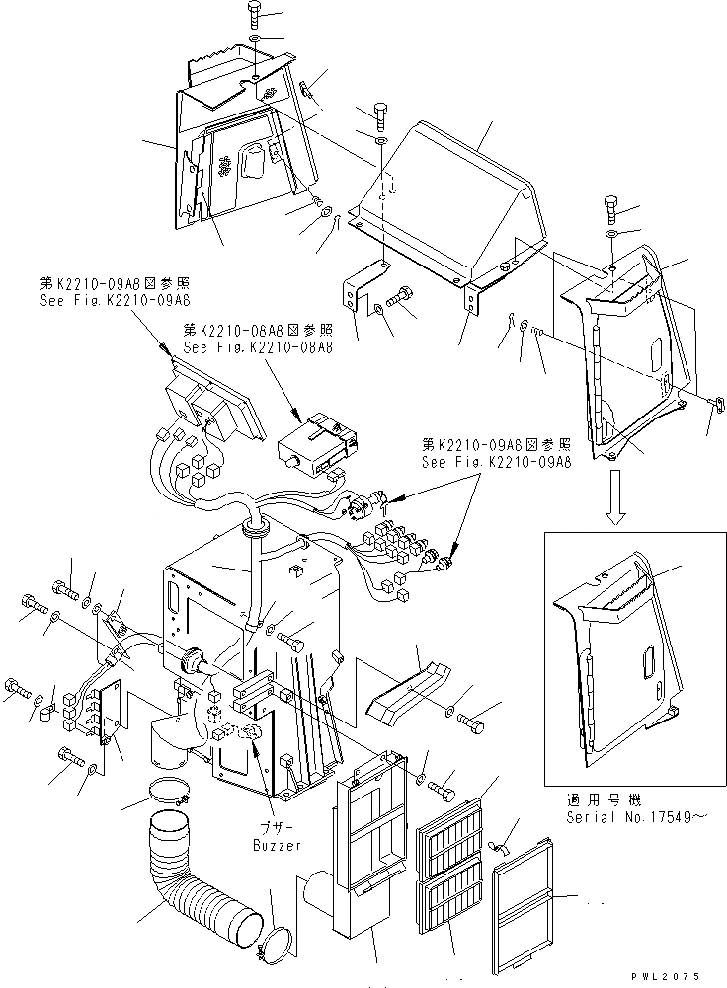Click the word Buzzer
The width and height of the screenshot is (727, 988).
[x=276, y=846]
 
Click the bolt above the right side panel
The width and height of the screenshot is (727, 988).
[x=610, y=207]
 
